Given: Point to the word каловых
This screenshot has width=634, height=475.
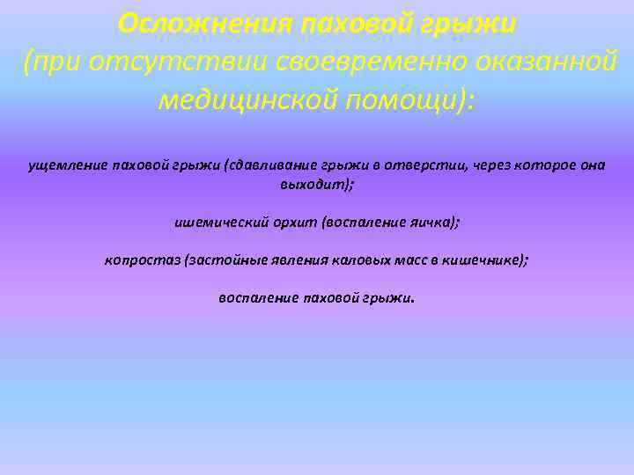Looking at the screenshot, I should click(x=353, y=259).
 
